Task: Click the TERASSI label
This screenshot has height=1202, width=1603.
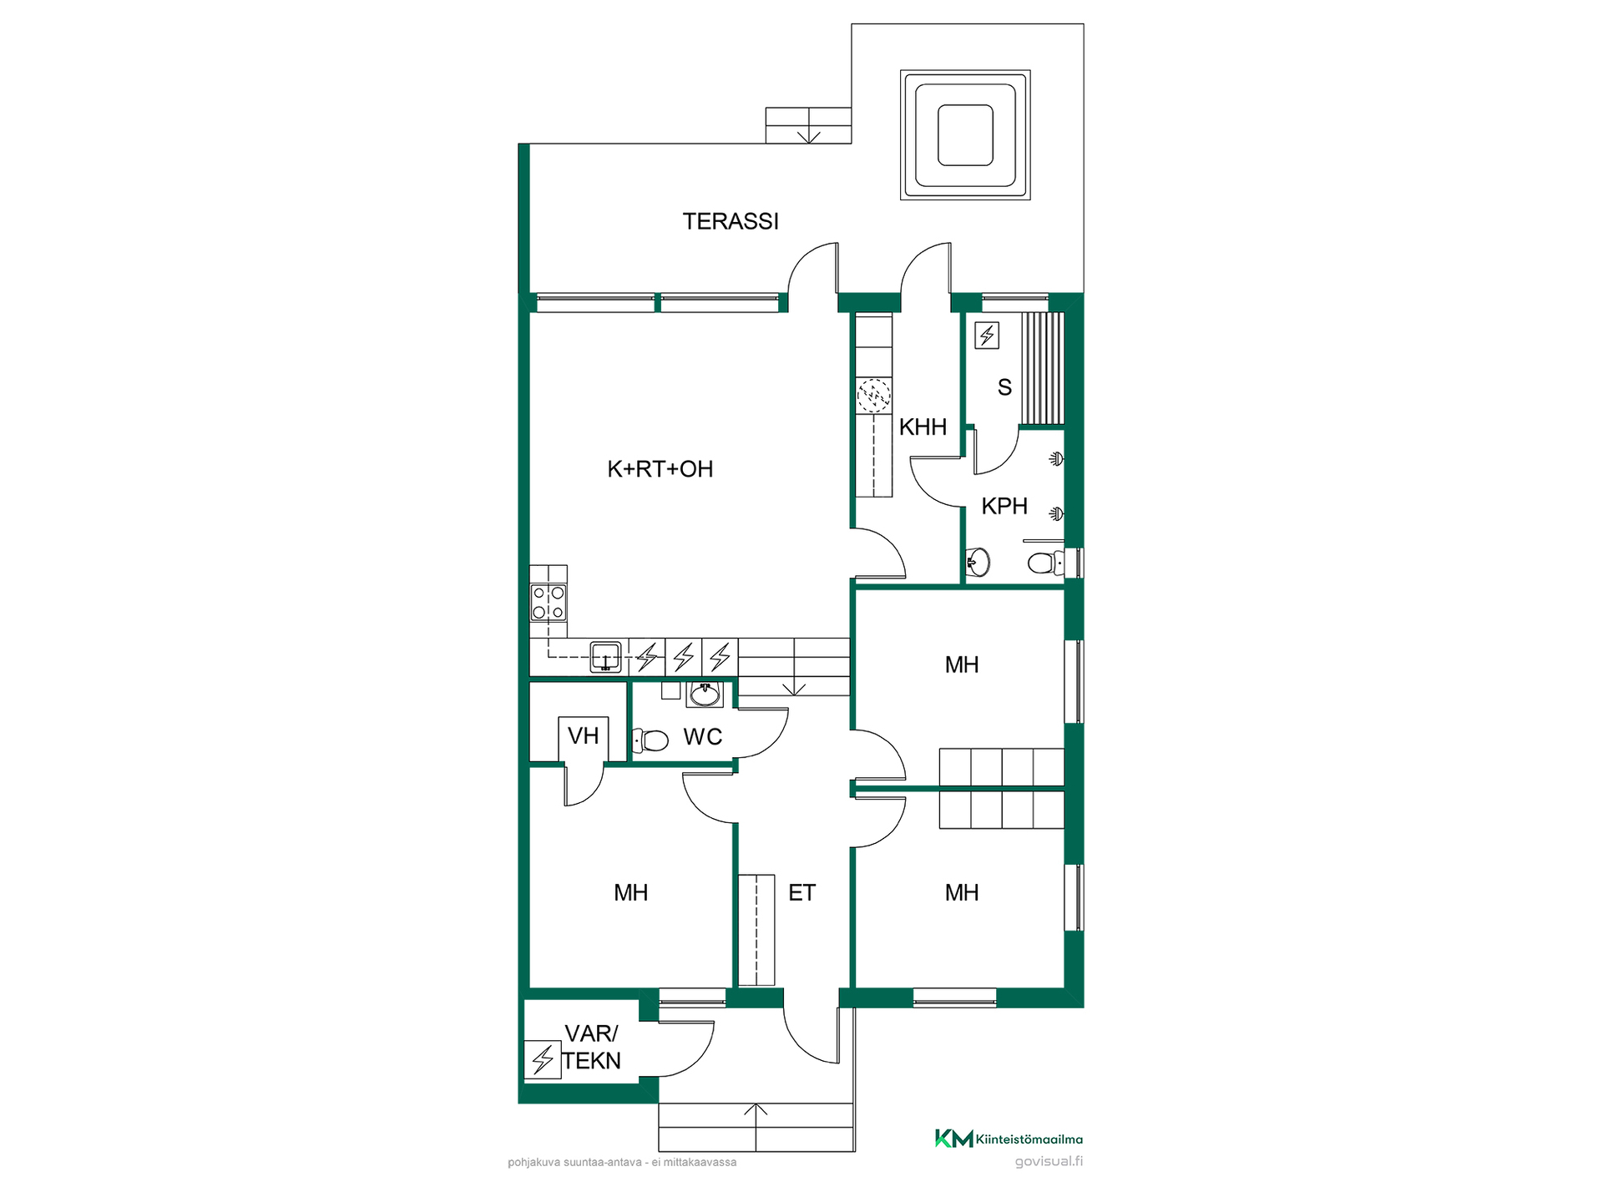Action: (731, 221)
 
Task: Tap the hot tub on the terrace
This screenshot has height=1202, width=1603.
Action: (965, 135)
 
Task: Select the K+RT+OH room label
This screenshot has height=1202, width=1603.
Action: (660, 469)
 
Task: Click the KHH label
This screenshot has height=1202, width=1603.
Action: (923, 427)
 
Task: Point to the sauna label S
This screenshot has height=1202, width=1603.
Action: (1004, 387)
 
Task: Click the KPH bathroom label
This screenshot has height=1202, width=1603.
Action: (1004, 506)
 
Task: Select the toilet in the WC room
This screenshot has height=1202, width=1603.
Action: (650, 740)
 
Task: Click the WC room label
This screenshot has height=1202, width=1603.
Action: (703, 737)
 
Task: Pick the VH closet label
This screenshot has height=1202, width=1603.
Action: (584, 735)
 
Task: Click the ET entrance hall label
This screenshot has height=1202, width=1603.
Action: (801, 893)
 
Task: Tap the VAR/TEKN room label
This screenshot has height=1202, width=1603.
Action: (592, 1047)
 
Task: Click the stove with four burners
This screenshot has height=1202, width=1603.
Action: (549, 603)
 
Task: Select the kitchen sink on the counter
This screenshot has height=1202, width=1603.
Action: (605, 656)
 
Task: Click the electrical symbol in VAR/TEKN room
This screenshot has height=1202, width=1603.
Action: (543, 1059)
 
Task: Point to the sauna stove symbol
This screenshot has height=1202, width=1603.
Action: (988, 336)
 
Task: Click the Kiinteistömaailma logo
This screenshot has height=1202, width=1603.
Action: (1009, 1139)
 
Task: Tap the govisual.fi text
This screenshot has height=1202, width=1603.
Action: (1049, 1161)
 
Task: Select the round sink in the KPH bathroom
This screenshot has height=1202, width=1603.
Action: (978, 562)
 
